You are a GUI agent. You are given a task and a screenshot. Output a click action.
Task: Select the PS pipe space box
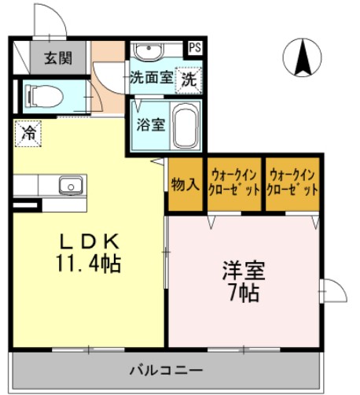click(x=194, y=48)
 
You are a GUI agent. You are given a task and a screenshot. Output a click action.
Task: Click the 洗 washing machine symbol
click(x=189, y=79)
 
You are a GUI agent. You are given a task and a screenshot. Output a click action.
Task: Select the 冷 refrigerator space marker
click(x=28, y=132)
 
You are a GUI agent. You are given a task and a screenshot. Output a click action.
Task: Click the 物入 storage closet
click(x=185, y=185)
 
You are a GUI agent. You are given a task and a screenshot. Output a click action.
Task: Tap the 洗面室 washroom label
click(x=151, y=79)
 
